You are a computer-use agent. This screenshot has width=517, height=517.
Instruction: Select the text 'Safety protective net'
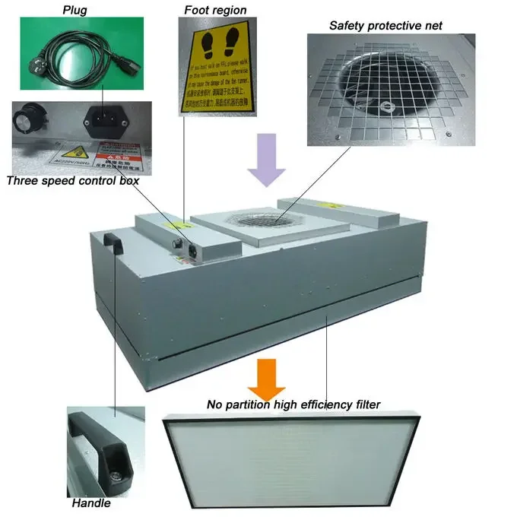385,26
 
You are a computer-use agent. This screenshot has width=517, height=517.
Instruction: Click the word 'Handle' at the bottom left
91,503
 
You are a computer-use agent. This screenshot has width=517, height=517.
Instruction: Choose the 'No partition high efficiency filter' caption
293,404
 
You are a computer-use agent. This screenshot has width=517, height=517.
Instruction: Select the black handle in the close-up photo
97,449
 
